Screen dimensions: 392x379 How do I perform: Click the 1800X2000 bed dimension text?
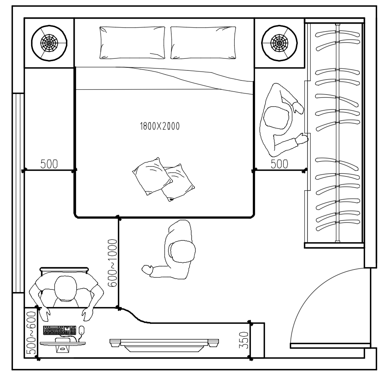tap(160, 126)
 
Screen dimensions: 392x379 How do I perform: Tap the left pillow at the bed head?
tap(132, 43)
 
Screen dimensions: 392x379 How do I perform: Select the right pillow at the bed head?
tap(203, 43)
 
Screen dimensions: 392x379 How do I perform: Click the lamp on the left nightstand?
tap(49, 43)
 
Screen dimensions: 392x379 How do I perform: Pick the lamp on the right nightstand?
tap(279, 43)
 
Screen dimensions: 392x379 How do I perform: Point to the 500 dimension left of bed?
tap(49, 164)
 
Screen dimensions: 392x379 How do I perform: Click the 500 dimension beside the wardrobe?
tap(279, 164)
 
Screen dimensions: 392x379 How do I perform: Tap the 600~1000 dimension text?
tap(113, 263)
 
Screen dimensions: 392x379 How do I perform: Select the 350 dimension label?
tap(243, 340)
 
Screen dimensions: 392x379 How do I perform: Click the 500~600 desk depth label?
tap(31, 333)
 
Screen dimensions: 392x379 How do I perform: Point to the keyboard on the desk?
tap(59, 330)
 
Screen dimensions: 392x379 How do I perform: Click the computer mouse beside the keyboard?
tap(81, 330)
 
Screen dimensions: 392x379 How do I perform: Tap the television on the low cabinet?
tap(164, 345)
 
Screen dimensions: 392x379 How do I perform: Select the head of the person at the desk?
tap(66, 288)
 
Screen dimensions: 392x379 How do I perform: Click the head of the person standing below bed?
tap(182, 251)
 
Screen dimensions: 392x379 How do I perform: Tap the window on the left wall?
tap(18, 193)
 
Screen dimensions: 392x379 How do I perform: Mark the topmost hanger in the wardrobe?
tap(338, 33)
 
